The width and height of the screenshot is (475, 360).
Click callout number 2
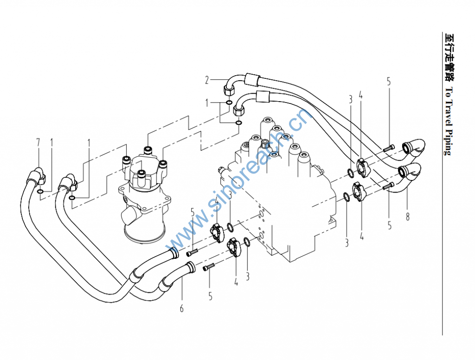pyautogui.click(x=207, y=80)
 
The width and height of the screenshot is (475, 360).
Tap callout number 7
pyautogui.click(x=39, y=141)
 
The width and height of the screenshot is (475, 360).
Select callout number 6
pyautogui.click(x=181, y=308)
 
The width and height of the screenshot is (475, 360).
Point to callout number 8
pyautogui.click(x=408, y=217)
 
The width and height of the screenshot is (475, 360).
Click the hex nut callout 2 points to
pyautogui.click(x=228, y=88)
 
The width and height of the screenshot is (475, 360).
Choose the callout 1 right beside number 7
pyautogui.click(x=52, y=141)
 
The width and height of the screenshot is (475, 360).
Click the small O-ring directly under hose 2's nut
pyautogui.click(x=229, y=102)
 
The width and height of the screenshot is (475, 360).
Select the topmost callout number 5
pyautogui.click(x=389, y=82)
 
